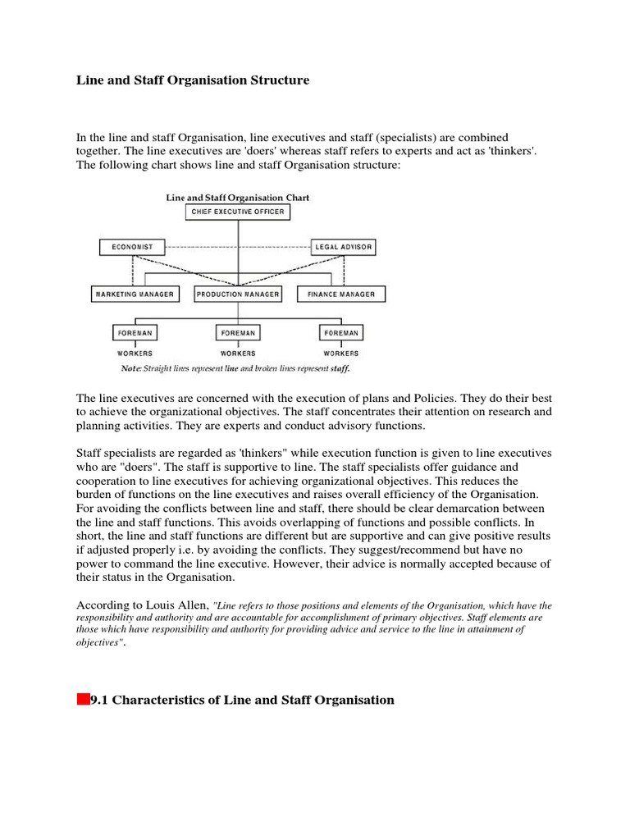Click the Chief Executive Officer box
coord(238,212)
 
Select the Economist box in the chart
coord(132,246)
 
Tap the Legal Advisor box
coord(344,246)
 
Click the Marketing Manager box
coord(135,294)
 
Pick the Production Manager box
coord(238,294)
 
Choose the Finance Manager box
coord(341,294)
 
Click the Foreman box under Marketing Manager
coord(135,333)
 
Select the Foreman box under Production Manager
coord(238,333)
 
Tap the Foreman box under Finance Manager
coord(341,333)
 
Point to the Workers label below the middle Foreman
coord(238,354)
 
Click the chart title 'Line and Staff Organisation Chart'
coord(238,198)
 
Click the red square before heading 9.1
coord(83,700)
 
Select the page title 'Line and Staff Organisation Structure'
coord(193,80)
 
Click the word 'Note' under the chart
coord(130,368)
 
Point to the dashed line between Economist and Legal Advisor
coord(238,246)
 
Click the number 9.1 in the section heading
coord(99,700)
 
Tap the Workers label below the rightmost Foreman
coord(341,354)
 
